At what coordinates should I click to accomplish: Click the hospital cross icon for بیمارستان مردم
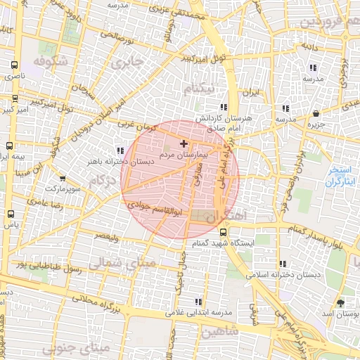point(184,143)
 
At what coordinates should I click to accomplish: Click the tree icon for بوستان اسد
point(342,303)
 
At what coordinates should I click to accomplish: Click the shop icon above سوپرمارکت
point(65,179)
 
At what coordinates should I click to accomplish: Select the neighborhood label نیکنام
point(198,89)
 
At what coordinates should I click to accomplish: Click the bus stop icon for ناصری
point(14,64)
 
